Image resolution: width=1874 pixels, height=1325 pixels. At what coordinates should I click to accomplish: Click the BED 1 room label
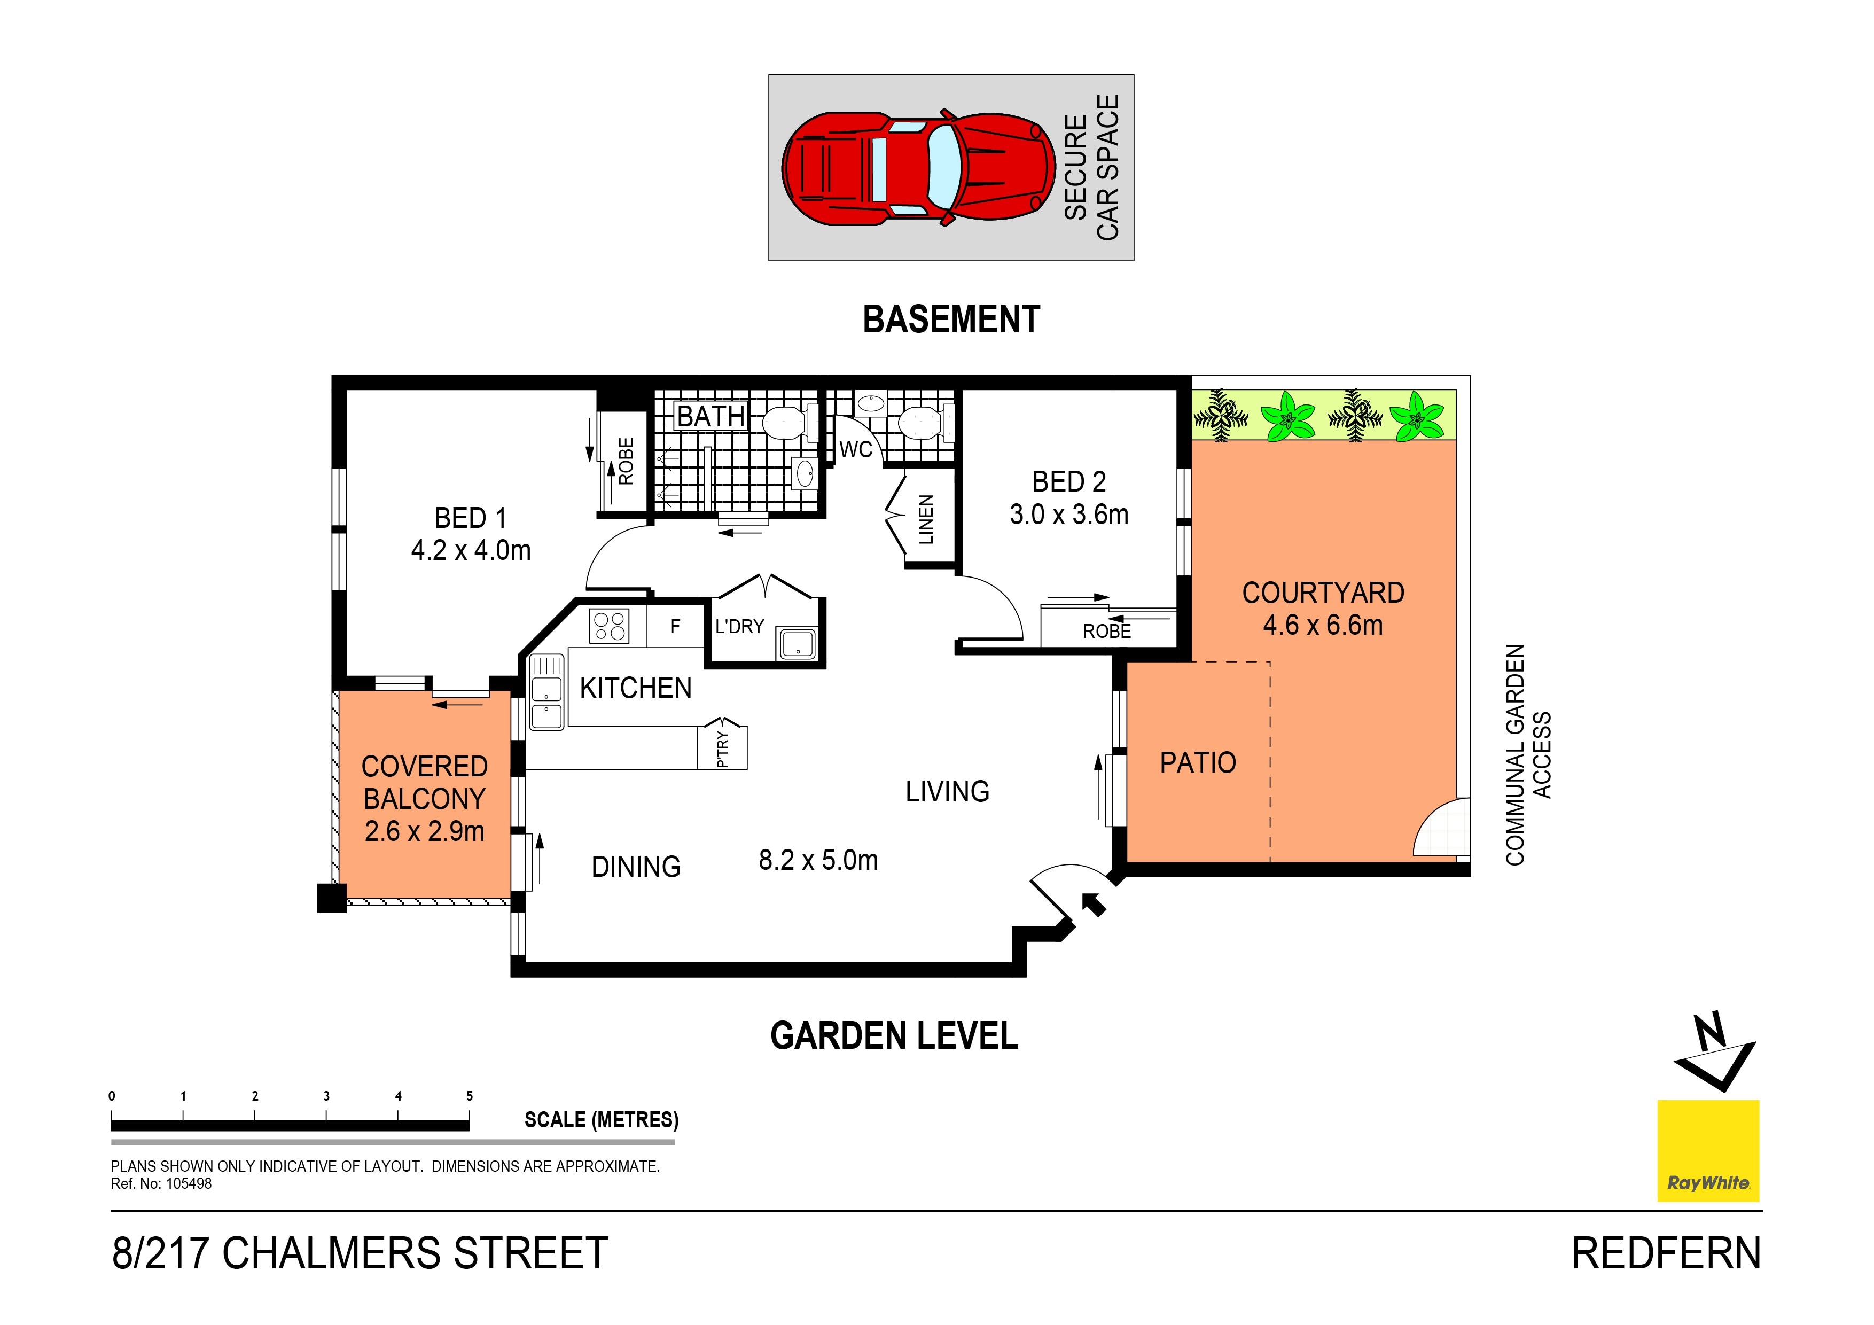coord(471,518)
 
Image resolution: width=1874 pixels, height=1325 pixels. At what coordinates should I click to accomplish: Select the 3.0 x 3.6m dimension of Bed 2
coord(1069,515)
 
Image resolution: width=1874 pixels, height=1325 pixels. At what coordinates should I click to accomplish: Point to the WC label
coord(855,449)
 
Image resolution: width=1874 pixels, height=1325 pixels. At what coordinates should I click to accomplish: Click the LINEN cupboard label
coord(926,520)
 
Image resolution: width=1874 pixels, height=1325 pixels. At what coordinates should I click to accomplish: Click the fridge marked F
coord(675,626)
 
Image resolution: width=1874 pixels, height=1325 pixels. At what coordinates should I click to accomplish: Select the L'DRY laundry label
coord(739,626)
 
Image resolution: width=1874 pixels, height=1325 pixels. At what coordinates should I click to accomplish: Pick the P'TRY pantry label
coord(722,749)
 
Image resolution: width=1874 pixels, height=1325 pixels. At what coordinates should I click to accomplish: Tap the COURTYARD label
coord(1323,593)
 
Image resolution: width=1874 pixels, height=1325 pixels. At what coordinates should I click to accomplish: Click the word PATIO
coord(1198,762)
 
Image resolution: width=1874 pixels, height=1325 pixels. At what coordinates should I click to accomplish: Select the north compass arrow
coord(1714,1053)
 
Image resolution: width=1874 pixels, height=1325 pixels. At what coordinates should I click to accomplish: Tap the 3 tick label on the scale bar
coord(326,1096)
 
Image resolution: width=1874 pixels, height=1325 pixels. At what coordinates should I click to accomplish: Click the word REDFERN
coord(1667,1254)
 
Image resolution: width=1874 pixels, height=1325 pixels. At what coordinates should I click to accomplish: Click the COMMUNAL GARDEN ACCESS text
coord(1528,754)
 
